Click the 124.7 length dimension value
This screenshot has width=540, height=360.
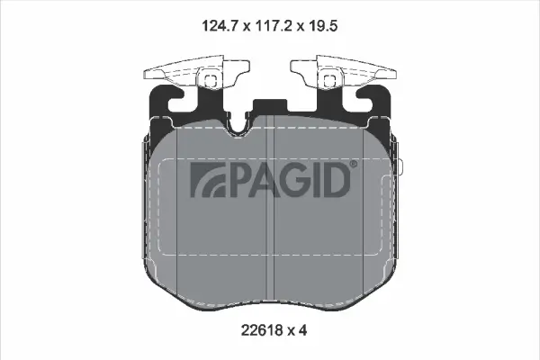[x=220, y=26]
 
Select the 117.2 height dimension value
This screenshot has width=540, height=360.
[x=274, y=26]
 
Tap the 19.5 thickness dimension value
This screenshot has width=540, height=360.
[x=322, y=26]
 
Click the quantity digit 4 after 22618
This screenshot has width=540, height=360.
[x=302, y=331]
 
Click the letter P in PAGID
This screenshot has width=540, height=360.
[x=238, y=179]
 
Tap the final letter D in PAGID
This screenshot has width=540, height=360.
[x=336, y=179]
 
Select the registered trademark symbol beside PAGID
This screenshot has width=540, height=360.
[x=354, y=164]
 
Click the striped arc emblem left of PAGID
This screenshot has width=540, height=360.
[x=208, y=179]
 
